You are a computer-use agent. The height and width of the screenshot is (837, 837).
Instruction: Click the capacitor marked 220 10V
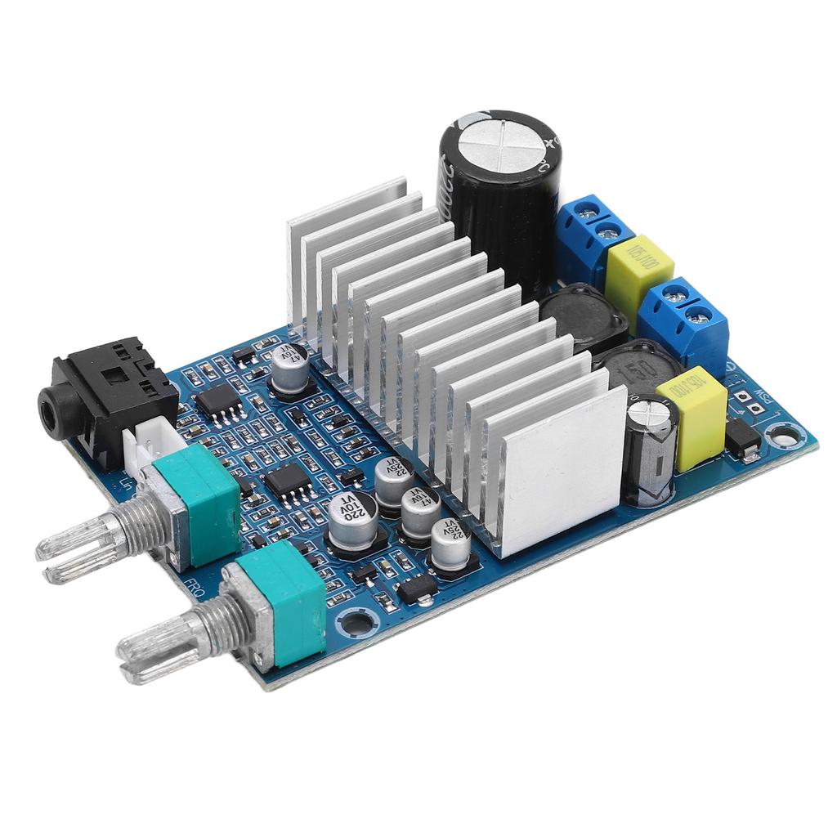[352, 520]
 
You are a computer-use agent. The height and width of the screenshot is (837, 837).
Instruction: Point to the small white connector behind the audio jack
[148, 441]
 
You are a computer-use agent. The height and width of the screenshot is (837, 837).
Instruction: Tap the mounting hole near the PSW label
[783, 436]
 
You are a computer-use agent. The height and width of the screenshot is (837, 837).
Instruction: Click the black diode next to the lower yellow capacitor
[742, 438]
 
